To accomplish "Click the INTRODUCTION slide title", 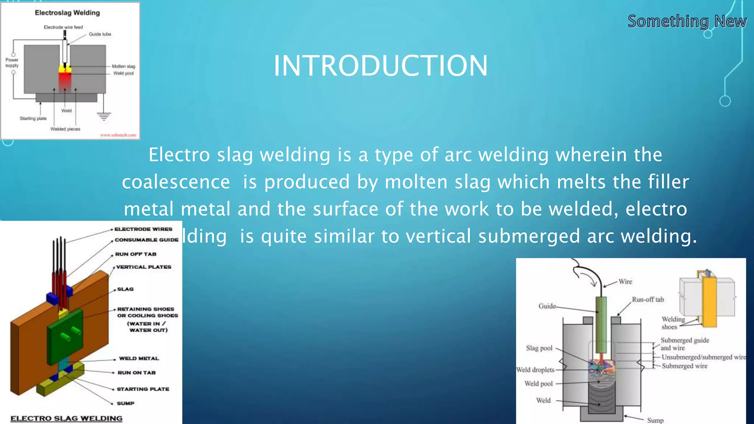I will pyautogui.click(x=381, y=66).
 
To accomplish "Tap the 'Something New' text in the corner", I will pyautogui.click(x=687, y=21).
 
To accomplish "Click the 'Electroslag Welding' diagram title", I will pyautogui.click(x=67, y=13).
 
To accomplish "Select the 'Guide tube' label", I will pyautogui.click(x=100, y=34).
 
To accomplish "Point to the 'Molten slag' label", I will pyautogui.click(x=123, y=66).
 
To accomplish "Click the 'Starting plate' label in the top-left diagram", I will pyautogui.click(x=33, y=119).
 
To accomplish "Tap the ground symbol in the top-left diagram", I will pyautogui.click(x=104, y=117).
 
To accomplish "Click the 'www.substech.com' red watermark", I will pyautogui.click(x=118, y=135).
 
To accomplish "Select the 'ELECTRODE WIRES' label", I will pyautogui.click(x=143, y=229).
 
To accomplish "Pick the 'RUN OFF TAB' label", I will pyautogui.click(x=135, y=254).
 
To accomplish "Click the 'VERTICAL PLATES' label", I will pyautogui.click(x=144, y=267).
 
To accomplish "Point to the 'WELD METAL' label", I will pyautogui.click(x=139, y=358).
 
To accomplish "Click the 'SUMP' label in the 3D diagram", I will pyautogui.click(x=126, y=403).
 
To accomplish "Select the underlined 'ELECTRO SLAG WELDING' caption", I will pyautogui.click(x=66, y=418).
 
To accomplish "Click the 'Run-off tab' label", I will pyautogui.click(x=648, y=300).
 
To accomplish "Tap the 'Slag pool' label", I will pyautogui.click(x=539, y=348).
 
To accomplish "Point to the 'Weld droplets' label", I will pyautogui.click(x=535, y=370).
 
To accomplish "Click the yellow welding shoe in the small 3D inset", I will pyautogui.click(x=709, y=302).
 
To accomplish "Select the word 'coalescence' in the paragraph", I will pyautogui.click(x=176, y=182).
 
